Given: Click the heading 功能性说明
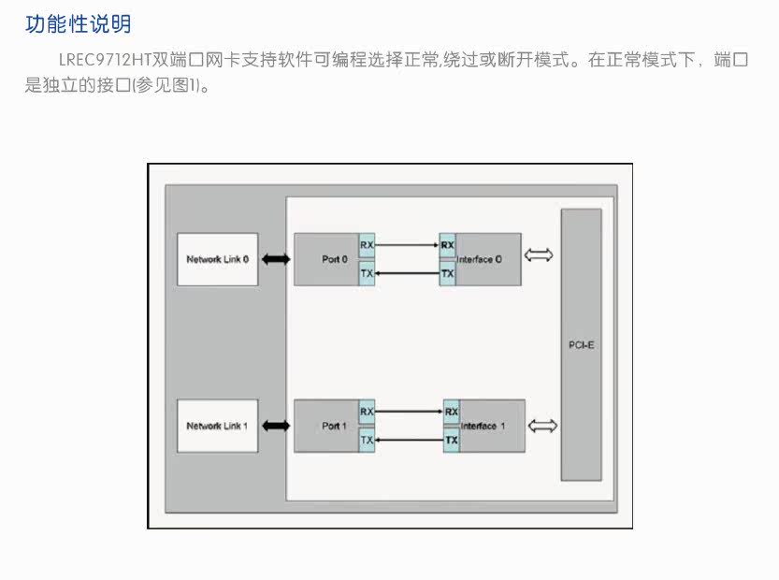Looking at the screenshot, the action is (x=78, y=24).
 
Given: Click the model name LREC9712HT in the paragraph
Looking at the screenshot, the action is (x=105, y=60).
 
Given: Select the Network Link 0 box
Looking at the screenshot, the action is (x=218, y=259).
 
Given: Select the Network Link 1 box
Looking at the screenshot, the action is (x=218, y=426).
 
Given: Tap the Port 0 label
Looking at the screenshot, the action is (x=335, y=259).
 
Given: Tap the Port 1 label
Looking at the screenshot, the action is (x=334, y=426).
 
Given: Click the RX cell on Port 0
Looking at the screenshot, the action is (x=367, y=245).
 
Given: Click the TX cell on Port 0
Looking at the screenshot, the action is (x=367, y=273).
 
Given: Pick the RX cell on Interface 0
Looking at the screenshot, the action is (x=447, y=245).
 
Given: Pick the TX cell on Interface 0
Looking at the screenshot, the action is (x=447, y=273).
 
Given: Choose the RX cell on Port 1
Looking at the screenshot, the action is (x=367, y=412).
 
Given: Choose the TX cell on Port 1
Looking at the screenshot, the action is (x=367, y=440).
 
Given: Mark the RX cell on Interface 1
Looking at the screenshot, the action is (x=451, y=412).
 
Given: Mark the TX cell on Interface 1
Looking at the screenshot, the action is (x=451, y=440).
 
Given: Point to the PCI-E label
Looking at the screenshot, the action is (x=582, y=345).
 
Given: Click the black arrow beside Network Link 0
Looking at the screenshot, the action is (x=276, y=259).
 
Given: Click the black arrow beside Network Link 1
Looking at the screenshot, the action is (x=276, y=426).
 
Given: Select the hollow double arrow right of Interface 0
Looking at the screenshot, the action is (x=539, y=255).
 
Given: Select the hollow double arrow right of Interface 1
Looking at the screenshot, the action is (x=542, y=426).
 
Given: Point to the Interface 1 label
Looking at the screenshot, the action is (x=483, y=426).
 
